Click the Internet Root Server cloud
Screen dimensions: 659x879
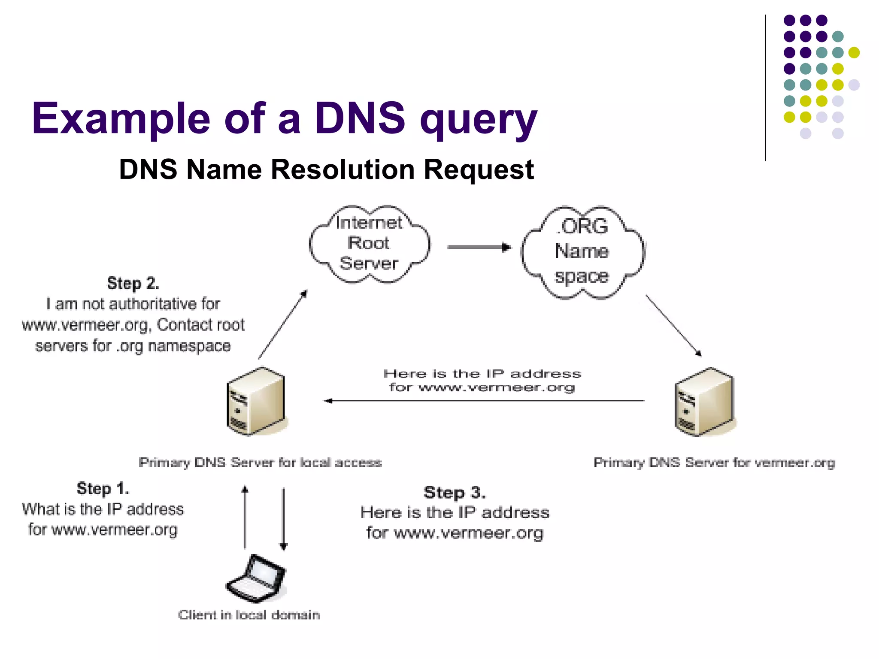(369, 244)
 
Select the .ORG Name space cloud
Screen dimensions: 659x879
(582, 252)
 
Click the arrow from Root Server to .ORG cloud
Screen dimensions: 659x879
(479, 247)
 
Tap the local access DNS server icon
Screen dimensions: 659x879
(256, 401)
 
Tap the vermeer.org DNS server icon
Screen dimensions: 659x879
(704, 402)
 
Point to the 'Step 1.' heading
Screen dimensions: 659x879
(103, 489)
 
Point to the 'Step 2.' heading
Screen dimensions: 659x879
(133, 284)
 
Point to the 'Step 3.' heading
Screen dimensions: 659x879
(455, 493)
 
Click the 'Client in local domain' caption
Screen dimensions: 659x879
(249, 615)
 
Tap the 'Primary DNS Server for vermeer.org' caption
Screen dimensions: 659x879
(714, 463)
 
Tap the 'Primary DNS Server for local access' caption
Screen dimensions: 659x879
(260, 463)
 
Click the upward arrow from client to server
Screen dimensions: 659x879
(245, 517)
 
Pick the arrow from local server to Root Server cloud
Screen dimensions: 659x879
(282, 325)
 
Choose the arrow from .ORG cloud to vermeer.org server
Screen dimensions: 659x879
(673, 325)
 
